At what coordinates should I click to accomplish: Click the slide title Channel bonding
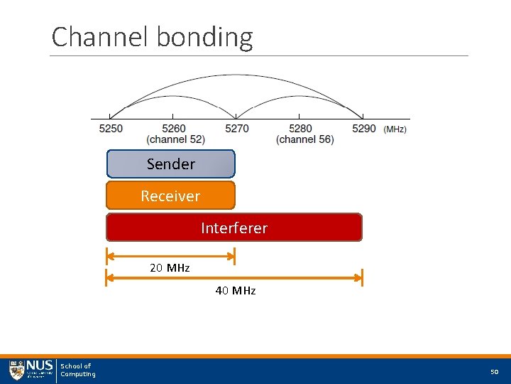pos(152,37)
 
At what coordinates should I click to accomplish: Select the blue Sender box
pos(170,164)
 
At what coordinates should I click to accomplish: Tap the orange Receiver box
pos(170,196)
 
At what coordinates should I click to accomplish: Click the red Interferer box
pos(234,228)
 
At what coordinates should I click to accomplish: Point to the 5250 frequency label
pos(111,129)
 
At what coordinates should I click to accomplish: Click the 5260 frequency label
pos(174,129)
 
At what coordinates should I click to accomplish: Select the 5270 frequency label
pos(237,129)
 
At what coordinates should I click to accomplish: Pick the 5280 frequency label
pos(300,129)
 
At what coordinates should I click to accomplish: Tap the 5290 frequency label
pos(363,129)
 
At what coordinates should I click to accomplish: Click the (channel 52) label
pos(176,139)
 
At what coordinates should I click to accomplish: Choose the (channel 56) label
pos(304,139)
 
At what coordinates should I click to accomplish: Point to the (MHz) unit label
pos(395,129)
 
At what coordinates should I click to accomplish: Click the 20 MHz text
pos(170,268)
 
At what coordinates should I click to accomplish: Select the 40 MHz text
pos(236,290)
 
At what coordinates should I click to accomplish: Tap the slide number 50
pos(495,372)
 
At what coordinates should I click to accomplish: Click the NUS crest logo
pos(16,370)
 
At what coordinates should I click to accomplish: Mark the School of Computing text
pos(77,370)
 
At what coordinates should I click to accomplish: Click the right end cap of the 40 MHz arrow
pos(362,277)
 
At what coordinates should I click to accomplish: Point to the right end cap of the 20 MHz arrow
pos(234,255)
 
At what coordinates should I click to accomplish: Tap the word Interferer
pos(234,228)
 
